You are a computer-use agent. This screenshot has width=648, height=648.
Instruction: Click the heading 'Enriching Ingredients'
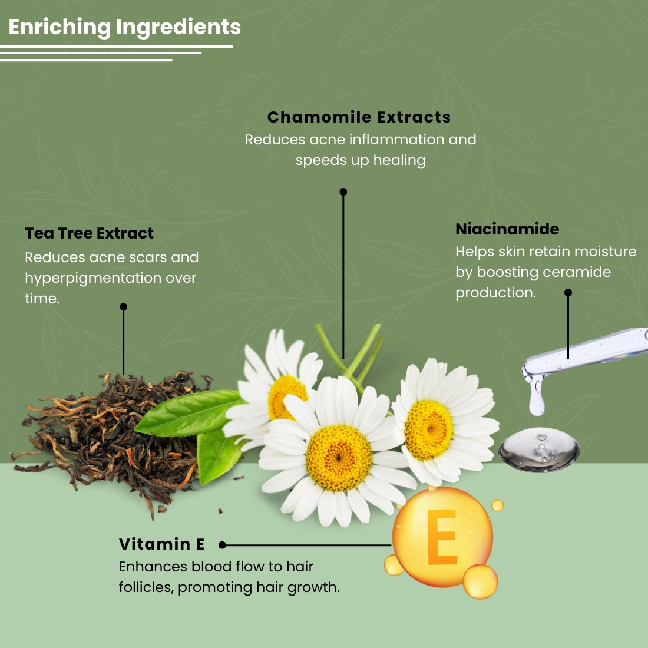point(124,27)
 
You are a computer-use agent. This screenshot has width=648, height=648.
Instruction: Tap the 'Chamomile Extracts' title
point(359,117)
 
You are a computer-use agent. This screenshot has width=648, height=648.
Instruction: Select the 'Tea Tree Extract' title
point(89,233)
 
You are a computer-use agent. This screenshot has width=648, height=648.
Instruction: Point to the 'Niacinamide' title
point(507,229)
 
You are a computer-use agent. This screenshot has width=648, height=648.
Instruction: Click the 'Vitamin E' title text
point(161,544)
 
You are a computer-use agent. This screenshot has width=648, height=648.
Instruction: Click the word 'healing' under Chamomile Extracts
point(399,160)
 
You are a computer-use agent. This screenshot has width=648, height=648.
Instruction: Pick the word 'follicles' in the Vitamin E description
point(146,587)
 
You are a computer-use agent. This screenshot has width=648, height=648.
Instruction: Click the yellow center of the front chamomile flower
point(339,458)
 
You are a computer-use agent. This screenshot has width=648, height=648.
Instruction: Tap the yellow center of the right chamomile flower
point(429,429)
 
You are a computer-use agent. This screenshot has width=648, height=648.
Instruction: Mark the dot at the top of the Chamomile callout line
point(343,191)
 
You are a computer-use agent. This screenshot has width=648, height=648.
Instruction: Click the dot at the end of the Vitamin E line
point(222,545)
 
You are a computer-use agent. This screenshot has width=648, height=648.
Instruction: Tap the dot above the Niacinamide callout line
point(568,292)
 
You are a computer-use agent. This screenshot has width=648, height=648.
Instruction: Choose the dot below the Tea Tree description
point(123,307)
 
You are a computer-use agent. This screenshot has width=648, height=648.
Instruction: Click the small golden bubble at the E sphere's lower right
point(480,581)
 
